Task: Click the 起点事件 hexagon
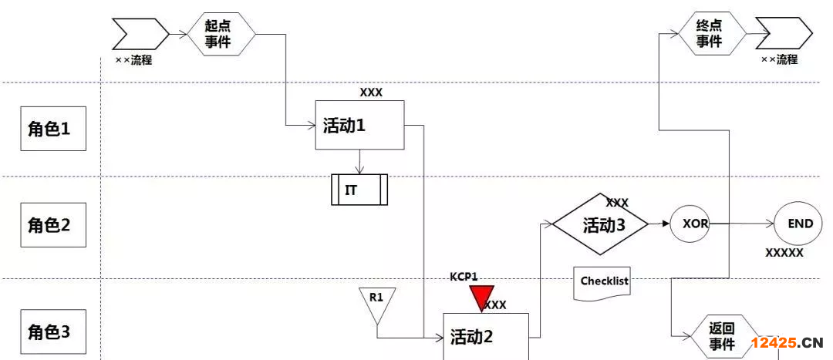point(221,35)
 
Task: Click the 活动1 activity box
point(360,125)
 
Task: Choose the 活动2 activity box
point(486,336)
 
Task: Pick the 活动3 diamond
point(604,224)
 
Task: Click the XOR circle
point(689,224)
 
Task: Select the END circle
point(800,224)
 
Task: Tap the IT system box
point(359,190)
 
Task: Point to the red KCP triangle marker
point(483,297)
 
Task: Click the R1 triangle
point(376,303)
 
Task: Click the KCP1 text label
point(464,276)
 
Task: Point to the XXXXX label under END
point(784,252)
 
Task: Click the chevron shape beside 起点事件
point(140,33)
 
